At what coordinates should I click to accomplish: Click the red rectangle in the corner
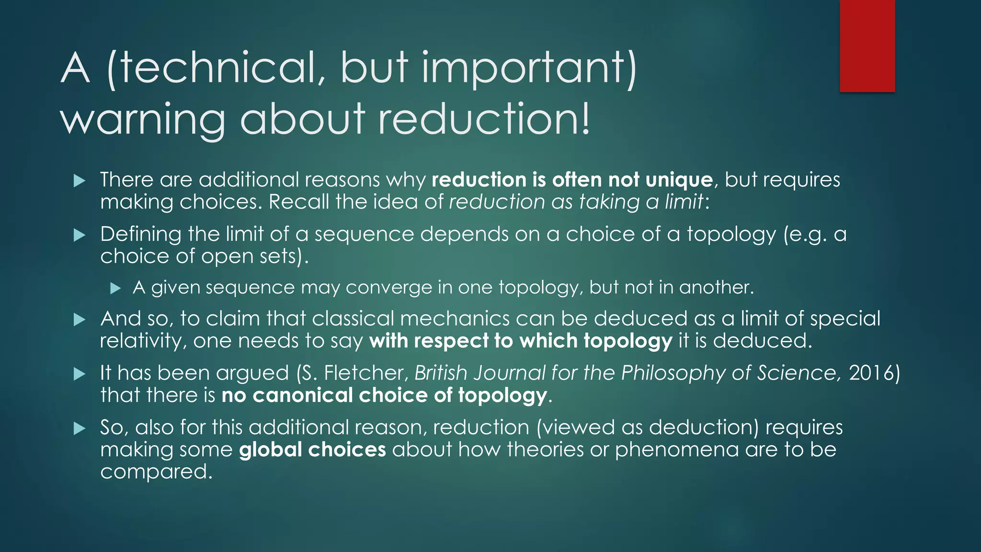pyautogui.click(x=867, y=46)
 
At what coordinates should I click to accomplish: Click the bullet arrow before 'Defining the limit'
pyautogui.click(x=80, y=235)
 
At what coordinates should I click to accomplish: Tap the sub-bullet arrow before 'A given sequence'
pyautogui.click(x=115, y=288)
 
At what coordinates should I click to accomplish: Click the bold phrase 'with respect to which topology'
pyautogui.click(x=521, y=341)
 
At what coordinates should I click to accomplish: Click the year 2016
pyautogui.click(x=871, y=373)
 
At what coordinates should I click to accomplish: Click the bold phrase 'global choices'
pyautogui.click(x=312, y=449)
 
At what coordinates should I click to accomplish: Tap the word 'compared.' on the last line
pyautogui.click(x=156, y=472)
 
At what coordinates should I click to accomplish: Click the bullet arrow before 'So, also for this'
pyautogui.click(x=80, y=428)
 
